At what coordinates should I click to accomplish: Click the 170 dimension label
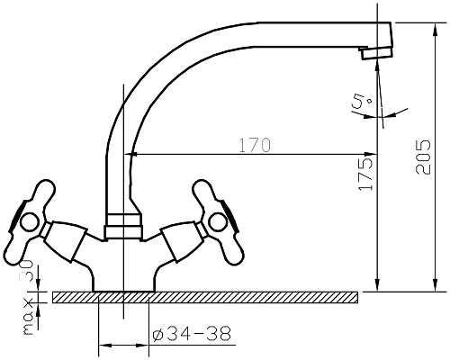coord(255,145)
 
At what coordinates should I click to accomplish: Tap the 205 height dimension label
coord(423,157)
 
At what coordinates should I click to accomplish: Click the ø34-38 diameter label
coord(192,334)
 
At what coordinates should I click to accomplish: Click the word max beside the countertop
coord(28,317)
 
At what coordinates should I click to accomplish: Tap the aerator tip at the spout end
coord(377,53)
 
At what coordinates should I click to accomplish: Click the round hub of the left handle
coord(29,222)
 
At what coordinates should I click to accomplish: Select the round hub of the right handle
coord(219,222)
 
